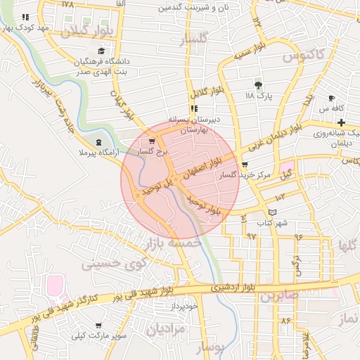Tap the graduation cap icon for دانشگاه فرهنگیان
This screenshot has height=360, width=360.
tap(101, 51)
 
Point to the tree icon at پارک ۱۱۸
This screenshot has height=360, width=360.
tap(258, 84)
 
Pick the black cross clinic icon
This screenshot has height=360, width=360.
tap(341, 122)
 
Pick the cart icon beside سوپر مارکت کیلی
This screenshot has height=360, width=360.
tap(98, 326)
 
